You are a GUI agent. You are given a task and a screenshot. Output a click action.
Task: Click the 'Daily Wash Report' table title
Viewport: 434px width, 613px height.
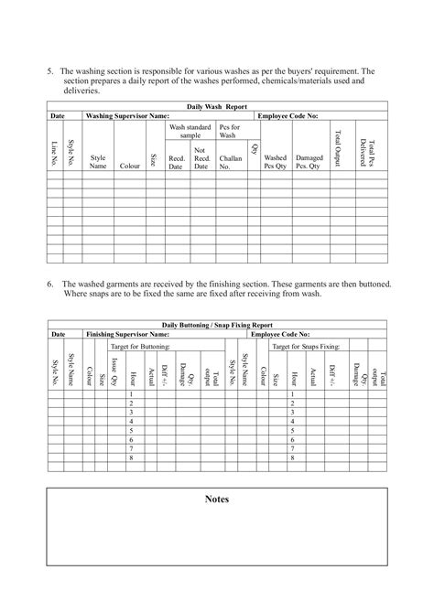tap(217, 107)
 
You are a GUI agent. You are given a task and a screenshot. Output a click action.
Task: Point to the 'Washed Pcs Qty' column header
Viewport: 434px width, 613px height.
tap(275, 162)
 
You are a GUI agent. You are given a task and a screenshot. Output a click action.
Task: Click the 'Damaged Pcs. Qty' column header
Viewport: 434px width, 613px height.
tap(309, 162)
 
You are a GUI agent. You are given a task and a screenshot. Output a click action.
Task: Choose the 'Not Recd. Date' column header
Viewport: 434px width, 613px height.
tap(201, 157)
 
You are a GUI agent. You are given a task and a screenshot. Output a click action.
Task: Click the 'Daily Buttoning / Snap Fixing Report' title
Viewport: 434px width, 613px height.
tap(217, 326)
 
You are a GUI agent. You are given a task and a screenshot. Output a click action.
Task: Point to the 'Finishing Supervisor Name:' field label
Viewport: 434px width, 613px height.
tap(128, 336)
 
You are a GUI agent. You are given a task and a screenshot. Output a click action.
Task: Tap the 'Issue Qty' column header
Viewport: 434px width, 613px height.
tap(114, 371)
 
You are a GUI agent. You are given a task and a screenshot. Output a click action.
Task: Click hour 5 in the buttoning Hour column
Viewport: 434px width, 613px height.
tap(132, 430)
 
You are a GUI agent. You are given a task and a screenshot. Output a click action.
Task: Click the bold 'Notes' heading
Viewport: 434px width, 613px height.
tap(217, 500)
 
